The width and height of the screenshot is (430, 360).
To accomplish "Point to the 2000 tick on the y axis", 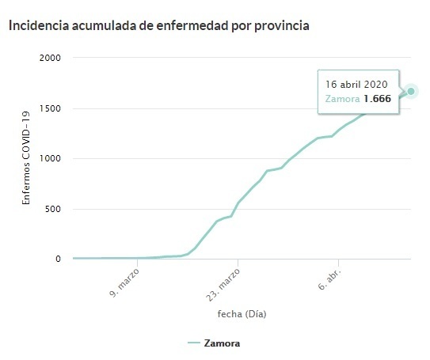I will (x=50, y=58).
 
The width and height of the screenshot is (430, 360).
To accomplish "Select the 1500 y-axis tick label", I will (x=50, y=108).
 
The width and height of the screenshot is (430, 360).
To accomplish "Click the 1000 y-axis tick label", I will (x=50, y=158).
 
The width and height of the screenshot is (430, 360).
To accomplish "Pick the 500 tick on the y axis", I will (x=53, y=209).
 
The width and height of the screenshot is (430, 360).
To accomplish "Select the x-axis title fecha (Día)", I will (x=242, y=314).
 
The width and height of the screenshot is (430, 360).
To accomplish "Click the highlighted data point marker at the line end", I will (x=412, y=91).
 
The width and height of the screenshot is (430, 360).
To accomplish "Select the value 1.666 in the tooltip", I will (x=377, y=99).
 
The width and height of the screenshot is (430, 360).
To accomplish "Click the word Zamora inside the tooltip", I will (x=343, y=99).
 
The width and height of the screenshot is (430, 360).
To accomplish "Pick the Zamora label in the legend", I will (x=222, y=343).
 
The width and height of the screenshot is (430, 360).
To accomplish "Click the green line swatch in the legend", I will (x=195, y=343).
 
